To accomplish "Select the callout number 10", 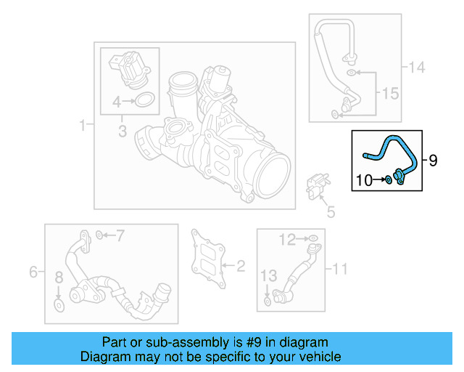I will click(x=365, y=179).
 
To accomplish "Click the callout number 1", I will click(x=82, y=126).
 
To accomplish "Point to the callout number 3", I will click(x=122, y=132).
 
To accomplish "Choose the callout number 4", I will click(x=115, y=102).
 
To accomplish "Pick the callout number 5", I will click(x=331, y=212).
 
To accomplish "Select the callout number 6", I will click(x=33, y=272).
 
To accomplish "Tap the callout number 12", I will click(x=289, y=238).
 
